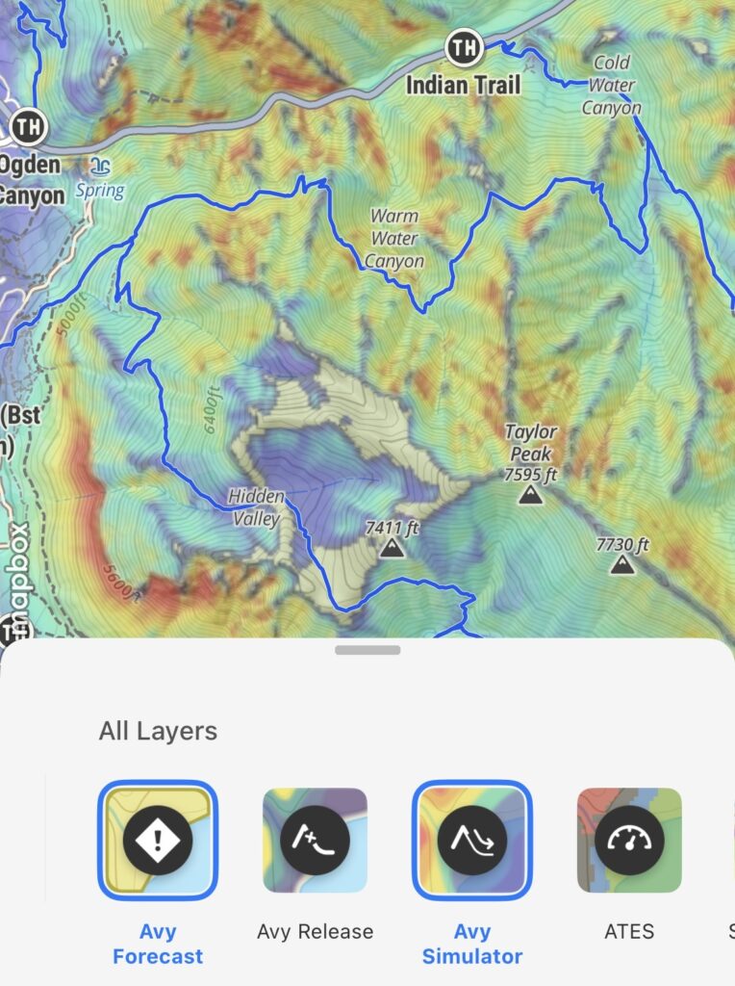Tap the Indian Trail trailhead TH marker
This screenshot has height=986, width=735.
pos(464,46)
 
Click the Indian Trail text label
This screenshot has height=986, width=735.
pos(464,85)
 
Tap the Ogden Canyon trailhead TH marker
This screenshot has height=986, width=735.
pos(30,125)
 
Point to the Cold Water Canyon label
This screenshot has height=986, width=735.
pos(612,86)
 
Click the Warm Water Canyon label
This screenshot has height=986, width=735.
pos(394,238)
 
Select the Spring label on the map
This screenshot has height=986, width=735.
pos(100,190)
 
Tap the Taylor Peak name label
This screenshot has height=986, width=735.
pos(531,443)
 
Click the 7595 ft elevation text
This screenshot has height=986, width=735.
pos(530,474)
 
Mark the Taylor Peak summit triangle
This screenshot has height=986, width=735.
pos(528,496)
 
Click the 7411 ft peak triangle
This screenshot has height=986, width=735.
pos(391,549)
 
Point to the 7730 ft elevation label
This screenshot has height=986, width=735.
pos(622,545)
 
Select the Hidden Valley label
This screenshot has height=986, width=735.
pos(256,507)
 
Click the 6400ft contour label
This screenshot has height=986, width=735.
pos(214,409)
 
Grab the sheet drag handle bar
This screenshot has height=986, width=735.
pos(367,651)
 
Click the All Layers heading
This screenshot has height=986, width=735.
pos(158,731)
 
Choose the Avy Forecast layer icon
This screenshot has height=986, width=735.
pos(158,840)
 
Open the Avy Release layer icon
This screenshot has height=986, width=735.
pos(315,840)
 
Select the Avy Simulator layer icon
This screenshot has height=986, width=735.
pos(472,840)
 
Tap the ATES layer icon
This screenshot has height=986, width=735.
pos(629,840)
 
